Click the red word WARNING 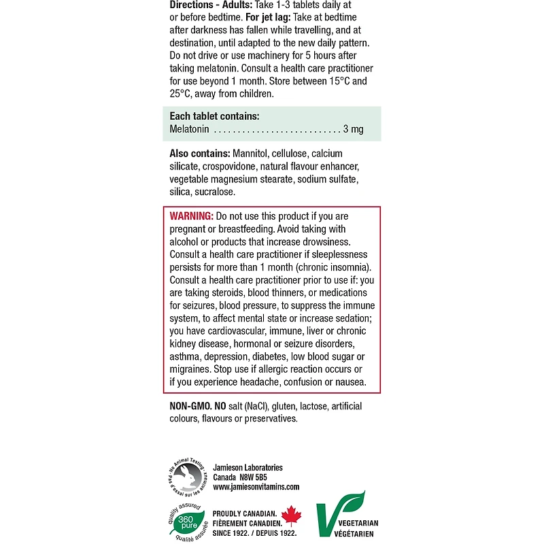192,216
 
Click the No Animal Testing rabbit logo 186,477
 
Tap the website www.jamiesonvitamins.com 256,487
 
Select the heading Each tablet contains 214,116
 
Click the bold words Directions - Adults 211,3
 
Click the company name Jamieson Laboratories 248,467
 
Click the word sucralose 216,192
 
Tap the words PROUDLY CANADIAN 244,513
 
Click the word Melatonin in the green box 190,129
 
